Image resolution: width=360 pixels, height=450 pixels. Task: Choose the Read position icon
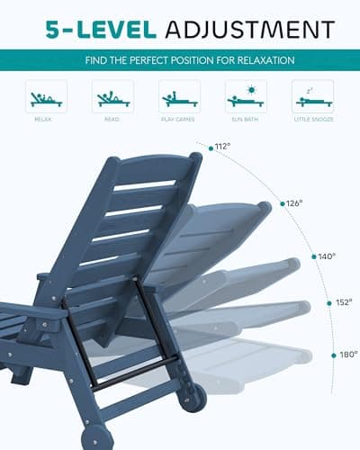pyautogui.click(x=112, y=97)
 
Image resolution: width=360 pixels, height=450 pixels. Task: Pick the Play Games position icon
pyautogui.click(x=179, y=97)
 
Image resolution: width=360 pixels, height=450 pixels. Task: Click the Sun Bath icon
pyautogui.click(x=246, y=97)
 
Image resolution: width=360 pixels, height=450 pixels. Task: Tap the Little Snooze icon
pyautogui.click(x=312, y=97)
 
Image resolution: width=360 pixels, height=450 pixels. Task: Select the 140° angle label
pyautogui.click(x=326, y=256)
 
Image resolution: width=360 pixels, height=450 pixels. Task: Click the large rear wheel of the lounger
pyautogui.click(x=192, y=397)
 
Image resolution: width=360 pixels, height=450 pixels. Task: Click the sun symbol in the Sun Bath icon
pyautogui.click(x=253, y=90)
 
